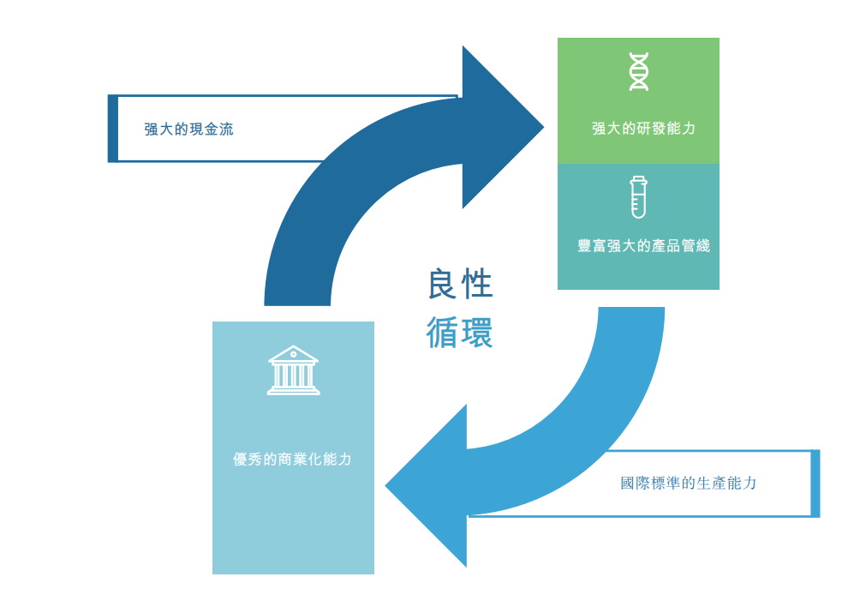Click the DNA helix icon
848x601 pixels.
pyautogui.click(x=638, y=72)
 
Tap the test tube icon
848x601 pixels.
pyautogui.click(x=638, y=196)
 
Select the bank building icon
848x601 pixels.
pyautogui.click(x=293, y=370)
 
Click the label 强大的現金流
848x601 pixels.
pyautogui.click(x=188, y=129)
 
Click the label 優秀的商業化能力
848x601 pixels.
pyautogui.click(x=292, y=460)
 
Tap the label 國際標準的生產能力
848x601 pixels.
pyautogui.click(x=689, y=484)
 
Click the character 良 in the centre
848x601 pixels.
pyautogui.click(x=443, y=284)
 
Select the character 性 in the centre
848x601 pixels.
pyautogui.click(x=477, y=284)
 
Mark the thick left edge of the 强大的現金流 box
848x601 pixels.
pyautogui.click(x=112, y=129)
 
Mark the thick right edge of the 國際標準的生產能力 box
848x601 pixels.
pyautogui.click(x=815, y=484)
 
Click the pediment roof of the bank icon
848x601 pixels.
pyautogui.click(x=293, y=355)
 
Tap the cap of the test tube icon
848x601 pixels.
pyautogui.click(x=638, y=178)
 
